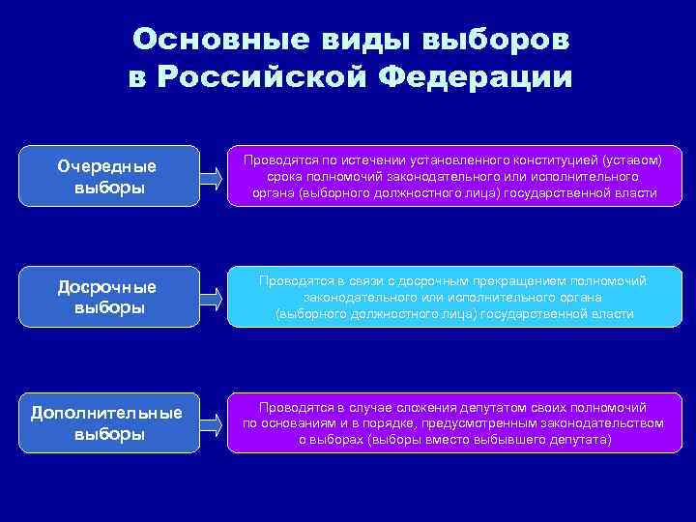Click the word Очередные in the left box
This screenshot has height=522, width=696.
point(107,166)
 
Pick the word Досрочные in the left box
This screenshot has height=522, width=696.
point(107,287)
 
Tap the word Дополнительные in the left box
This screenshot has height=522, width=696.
point(107,413)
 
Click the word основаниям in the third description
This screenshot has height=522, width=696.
point(299,423)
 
